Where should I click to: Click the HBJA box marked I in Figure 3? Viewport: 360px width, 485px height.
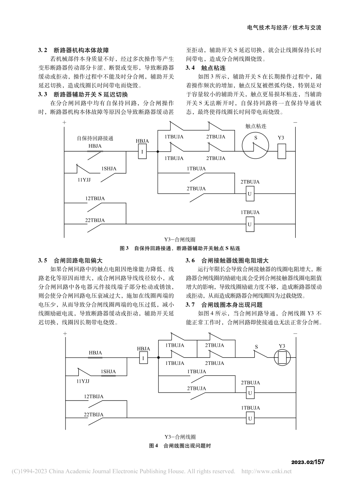coord(142,152)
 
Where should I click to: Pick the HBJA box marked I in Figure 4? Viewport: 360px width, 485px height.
coord(143,358)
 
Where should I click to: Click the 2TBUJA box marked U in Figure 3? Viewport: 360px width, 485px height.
coord(249,193)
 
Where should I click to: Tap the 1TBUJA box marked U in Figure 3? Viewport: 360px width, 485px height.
coord(249,224)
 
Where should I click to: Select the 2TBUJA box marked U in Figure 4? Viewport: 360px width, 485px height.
coord(250,393)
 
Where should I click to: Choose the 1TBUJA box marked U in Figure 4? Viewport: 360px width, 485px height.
coord(250,419)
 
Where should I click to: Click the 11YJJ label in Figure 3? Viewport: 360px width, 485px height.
coord(84,180)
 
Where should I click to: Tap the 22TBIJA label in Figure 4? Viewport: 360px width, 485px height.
coord(94,415)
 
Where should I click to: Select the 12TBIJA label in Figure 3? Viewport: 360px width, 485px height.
coord(95,198)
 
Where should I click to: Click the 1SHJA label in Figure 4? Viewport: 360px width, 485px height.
coord(108,372)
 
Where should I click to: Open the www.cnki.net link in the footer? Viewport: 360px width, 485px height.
coord(266,472)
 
